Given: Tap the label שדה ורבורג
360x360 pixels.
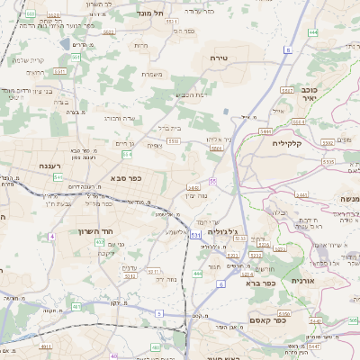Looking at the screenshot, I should tap(119, 117).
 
